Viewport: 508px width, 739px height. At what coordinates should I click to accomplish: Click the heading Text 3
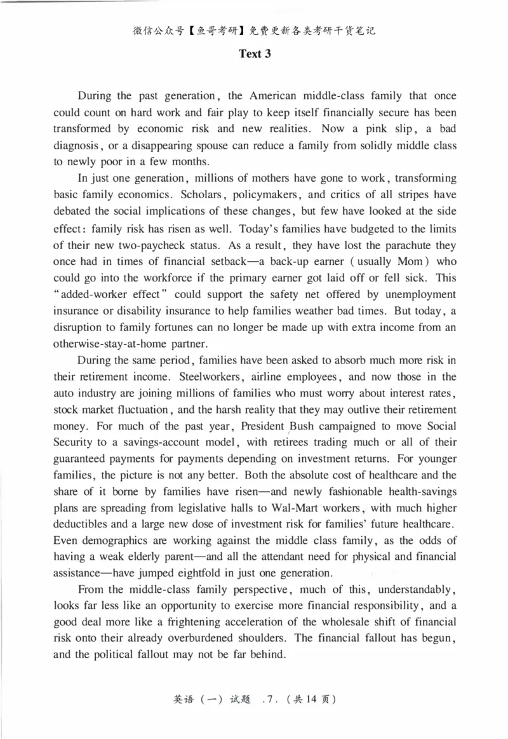tap(255, 54)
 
